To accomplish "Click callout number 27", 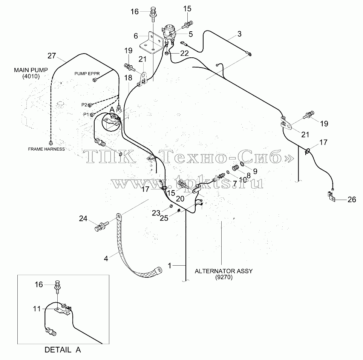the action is pos(52,55).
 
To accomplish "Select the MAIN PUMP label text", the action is pos(31,70).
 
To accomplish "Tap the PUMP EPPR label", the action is pos(87,74).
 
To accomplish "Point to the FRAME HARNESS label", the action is pos(46,149).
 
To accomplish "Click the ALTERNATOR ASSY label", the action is pos(224,271).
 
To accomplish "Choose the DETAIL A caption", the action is pos(63,350).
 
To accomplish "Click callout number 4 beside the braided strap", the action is pos(106,258).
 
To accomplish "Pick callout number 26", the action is pos(352,199).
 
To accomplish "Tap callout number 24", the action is pos(83,218).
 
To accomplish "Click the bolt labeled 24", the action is pos(101,226).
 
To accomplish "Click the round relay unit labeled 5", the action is pos(169,32).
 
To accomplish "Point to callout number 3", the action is pos(239,34).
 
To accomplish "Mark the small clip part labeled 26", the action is pos(331,196).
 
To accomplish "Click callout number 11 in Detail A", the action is pos(37,309).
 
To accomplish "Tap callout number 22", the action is pos(184,53).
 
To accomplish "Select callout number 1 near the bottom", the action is pos(170,266).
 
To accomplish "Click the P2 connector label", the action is pos(84,105).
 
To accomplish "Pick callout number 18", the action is pos(128,78).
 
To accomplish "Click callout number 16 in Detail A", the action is pos(39,285).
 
